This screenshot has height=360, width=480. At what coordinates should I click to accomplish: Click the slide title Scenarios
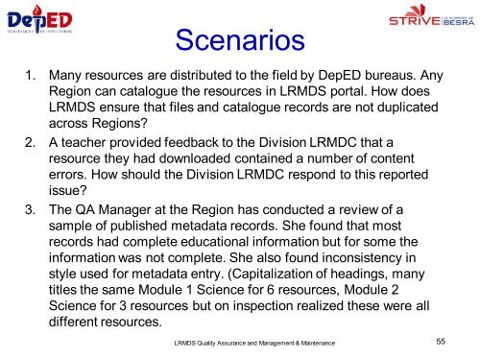[239, 39]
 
